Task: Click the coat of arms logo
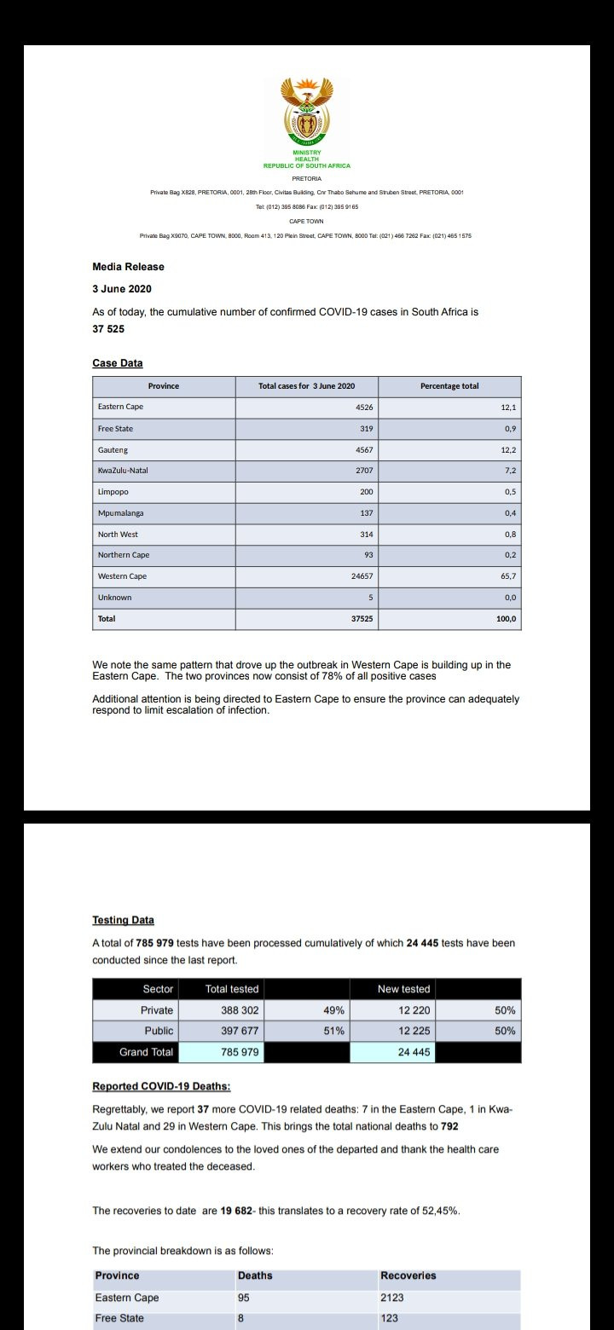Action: coord(306,115)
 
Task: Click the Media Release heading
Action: coord(128,267)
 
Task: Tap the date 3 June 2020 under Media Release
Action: coord(122,289)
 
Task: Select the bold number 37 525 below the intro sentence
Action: coord(108,328)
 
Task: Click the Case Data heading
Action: coord(118,363)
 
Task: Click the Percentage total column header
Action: coord(449,386)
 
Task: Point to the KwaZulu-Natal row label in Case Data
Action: coord(123,470)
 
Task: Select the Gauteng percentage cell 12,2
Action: coord(508,449)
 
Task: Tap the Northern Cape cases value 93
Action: coord(368,555)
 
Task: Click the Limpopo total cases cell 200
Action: coord(366,492)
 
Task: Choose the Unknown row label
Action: coord(114,598)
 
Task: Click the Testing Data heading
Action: coord(123,920)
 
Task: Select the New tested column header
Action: coord(403,989)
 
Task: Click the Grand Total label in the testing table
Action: coord(146,1052)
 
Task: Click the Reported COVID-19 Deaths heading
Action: coord(161,1086)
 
